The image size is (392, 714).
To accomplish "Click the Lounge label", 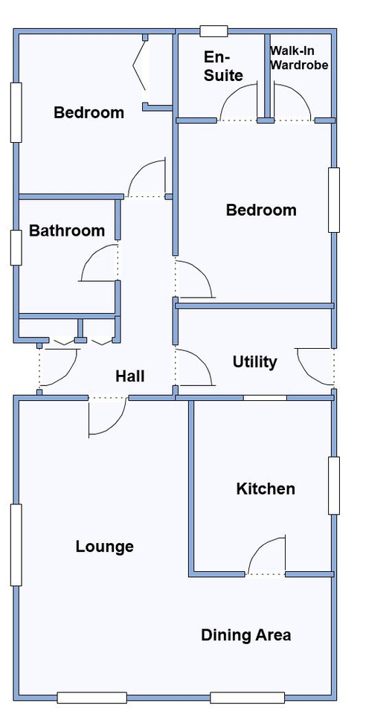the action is (x=104, y=546).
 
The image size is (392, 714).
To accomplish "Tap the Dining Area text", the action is (x=246, y=634).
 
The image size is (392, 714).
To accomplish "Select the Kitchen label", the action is (x=266, y=489).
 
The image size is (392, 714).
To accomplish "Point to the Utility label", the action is (x=254, y=362).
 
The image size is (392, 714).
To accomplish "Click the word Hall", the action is (x=129, y=376).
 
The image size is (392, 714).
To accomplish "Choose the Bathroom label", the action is (x=67, y=231).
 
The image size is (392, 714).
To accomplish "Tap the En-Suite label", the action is (x=223, y=66).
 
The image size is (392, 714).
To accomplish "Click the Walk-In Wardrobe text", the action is (x=299, y=58).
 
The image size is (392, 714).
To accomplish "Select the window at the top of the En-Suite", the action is (x=213, y=31).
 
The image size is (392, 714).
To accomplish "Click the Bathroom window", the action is (x=16, y=248).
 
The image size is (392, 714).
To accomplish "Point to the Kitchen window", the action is (x=334, y=486).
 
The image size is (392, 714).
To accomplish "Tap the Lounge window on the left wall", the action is (x=16, y=544).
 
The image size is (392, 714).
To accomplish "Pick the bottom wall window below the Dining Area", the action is (x=248, y=697).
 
